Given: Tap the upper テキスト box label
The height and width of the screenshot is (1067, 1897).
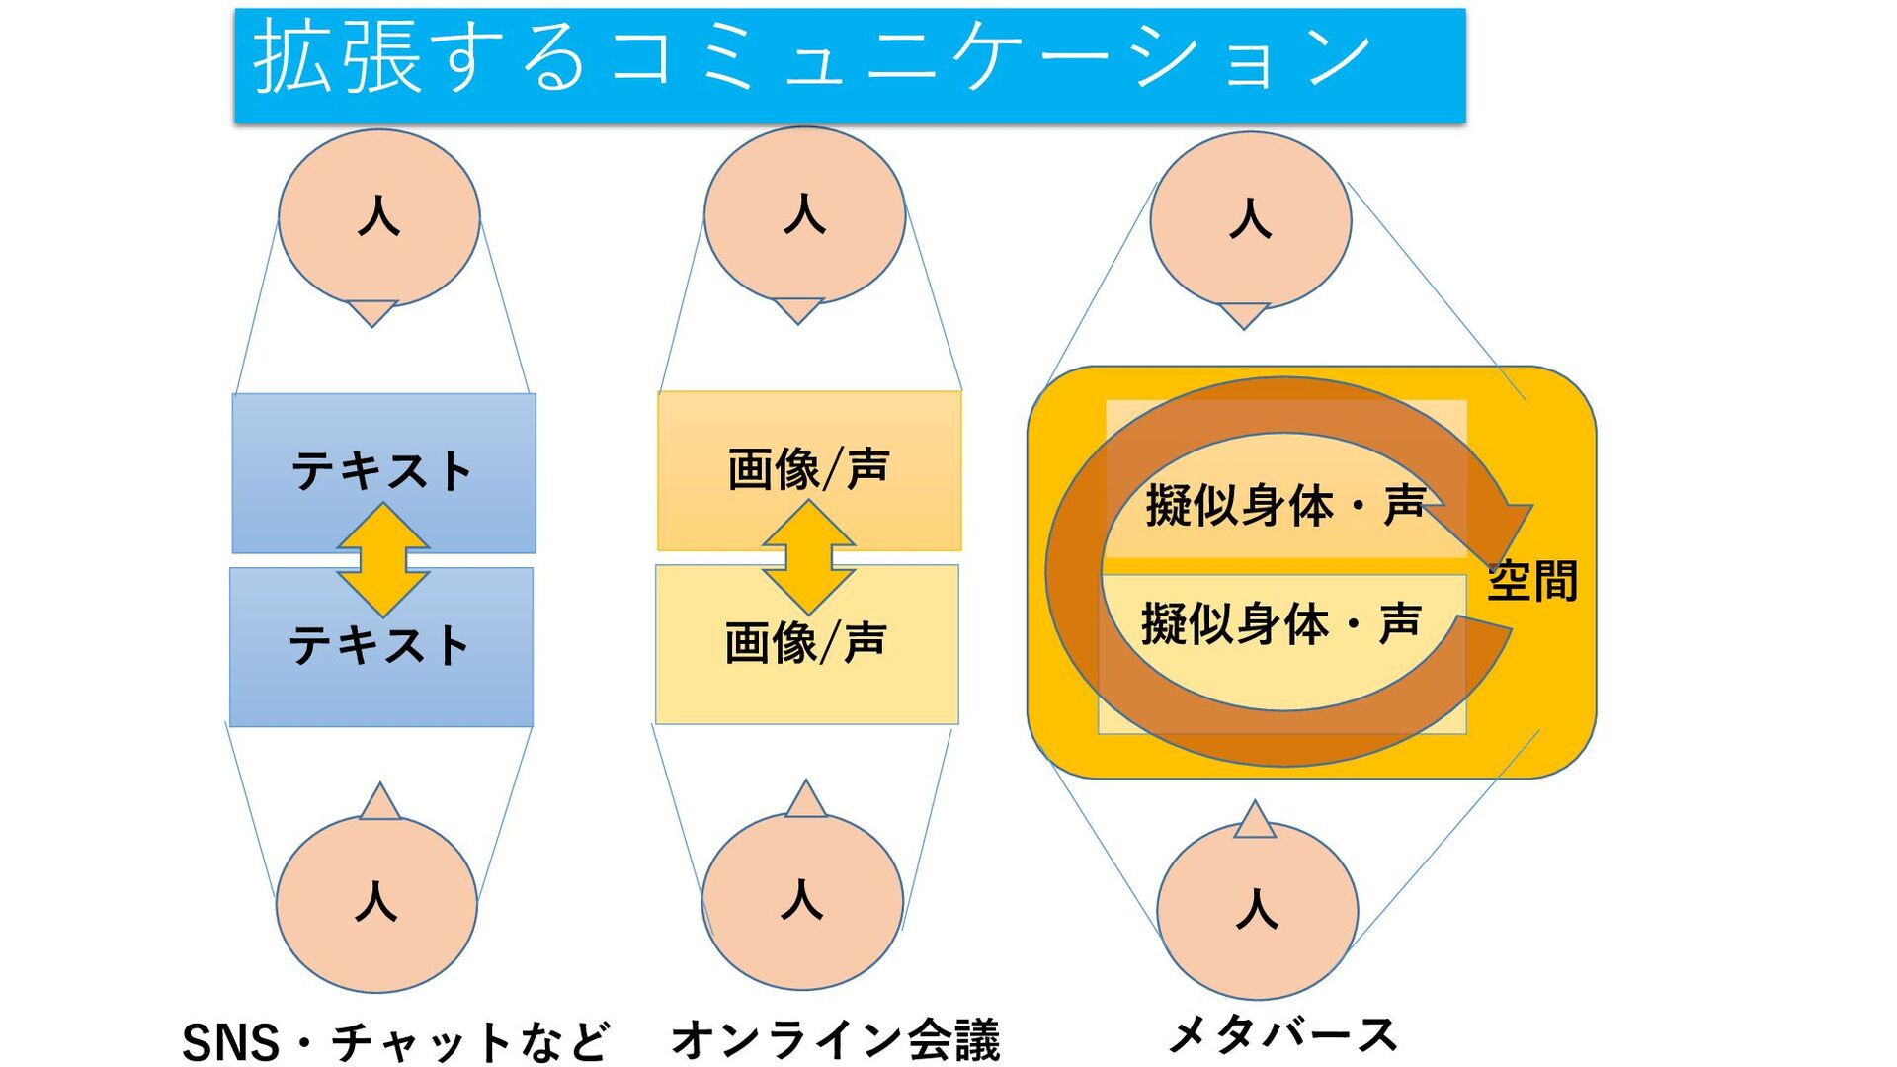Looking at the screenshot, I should point(381,470).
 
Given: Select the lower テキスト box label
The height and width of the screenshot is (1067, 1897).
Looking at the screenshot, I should point(378,645).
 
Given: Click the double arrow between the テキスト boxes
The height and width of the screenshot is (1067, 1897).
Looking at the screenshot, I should point(383,559).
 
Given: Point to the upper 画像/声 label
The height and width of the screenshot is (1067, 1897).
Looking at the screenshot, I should point(808,468).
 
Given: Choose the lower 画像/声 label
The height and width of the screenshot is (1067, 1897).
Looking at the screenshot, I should point(805,642).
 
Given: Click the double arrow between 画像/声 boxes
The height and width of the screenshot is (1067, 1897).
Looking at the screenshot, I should point(808,556).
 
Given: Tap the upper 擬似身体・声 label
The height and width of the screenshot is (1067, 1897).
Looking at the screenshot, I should point(1284,506).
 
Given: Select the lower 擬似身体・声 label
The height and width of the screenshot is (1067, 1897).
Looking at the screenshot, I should point(1280,624).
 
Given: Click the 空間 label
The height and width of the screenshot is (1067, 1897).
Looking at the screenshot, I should point(1532,581).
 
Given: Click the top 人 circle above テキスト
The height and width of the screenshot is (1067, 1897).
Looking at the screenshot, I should point(379,216).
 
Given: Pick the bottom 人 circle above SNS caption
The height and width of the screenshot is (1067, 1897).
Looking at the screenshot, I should point(376,903).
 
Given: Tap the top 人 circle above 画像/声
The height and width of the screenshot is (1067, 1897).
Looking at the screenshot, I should point(804,214).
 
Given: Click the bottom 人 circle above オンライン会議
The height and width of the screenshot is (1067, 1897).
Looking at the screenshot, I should point(802,900).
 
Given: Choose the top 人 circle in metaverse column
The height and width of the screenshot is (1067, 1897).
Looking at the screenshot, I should point(1250,219).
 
